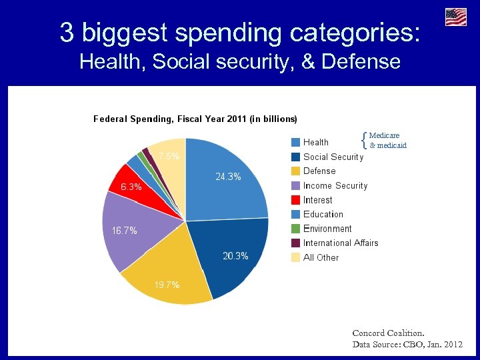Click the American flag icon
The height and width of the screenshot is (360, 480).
[x=456, y=17]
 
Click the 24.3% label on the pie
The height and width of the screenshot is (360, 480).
[x=228, y=177]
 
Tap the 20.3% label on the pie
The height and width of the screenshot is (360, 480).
[x=235, y=256]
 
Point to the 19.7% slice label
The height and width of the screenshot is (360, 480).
[x=167, y=285]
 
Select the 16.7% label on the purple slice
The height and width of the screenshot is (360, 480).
[x=125, y=231]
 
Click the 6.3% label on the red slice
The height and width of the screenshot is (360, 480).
[x=131, y=187]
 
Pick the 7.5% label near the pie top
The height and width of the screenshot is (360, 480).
[x=168, y=156]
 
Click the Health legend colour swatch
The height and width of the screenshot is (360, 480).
[x=295, y=142]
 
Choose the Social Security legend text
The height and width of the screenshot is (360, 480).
[x=333, y=157]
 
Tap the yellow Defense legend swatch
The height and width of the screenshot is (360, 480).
[x=295, y=171]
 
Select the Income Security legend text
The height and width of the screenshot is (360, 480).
[x=335, y=185]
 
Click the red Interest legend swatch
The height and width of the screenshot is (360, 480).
[x=295, y=200]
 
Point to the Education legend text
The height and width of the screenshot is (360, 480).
[x=323, y=214]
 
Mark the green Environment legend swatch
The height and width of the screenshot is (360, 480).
[x=295, y=229]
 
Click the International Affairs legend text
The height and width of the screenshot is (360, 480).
[x=341, y=243]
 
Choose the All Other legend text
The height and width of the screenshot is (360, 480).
[x=321, y=257]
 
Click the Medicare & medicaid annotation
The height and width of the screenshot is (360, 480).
[x=387, y=140]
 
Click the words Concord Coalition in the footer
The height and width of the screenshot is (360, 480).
[x=388, y=332]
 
